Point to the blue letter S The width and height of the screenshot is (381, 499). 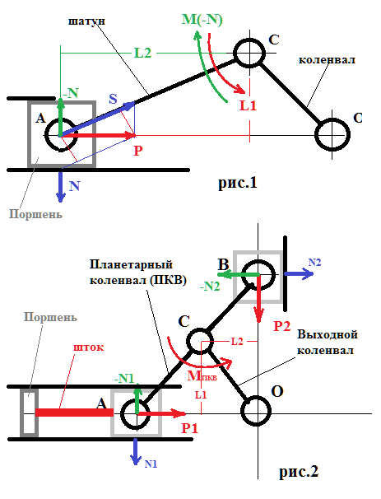[x=114, y=100]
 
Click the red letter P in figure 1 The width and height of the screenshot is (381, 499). [x=137, y=151]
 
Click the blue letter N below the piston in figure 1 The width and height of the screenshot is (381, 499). [x=75, y=187]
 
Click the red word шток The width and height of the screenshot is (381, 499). [x=88, y=348]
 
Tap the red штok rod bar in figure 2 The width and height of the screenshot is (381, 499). [x=74, y=409]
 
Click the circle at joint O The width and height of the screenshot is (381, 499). [x=255, y=409]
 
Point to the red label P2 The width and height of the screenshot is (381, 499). [x=282, y=325]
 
